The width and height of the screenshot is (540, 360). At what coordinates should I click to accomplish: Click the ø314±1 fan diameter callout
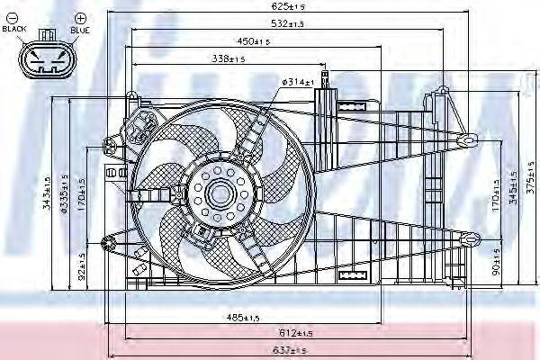click(x=298, y=82)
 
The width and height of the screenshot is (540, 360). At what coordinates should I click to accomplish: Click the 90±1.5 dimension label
click(x=496, y=267)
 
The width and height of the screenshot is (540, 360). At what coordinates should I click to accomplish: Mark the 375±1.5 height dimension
click(x=528, y=189)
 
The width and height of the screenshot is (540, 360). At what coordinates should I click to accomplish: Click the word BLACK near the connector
click(x=15, y=29)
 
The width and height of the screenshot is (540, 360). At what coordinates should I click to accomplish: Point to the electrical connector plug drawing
click(x=42, y=59)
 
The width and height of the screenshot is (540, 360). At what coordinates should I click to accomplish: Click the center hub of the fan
click(x=220, y=192)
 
